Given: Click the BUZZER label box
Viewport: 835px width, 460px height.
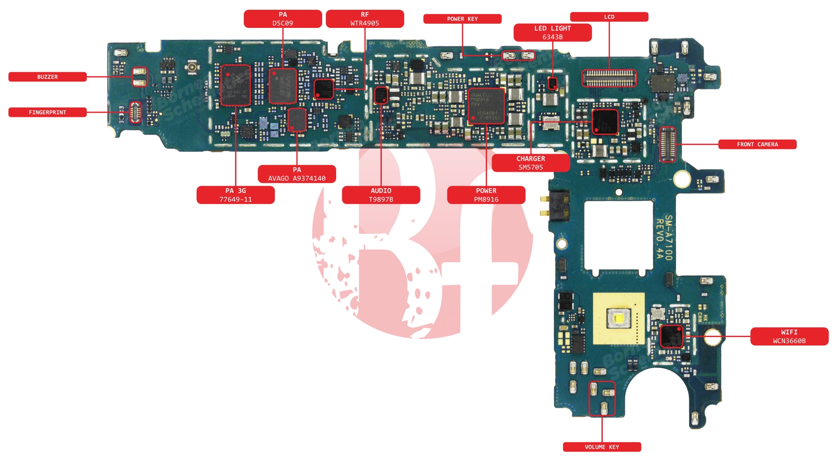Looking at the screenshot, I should (x=48, y=77).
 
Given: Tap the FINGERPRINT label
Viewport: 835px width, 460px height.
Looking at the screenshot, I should (x=48, y=112).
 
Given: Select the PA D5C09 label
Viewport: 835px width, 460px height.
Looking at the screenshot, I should (x=283, y=19).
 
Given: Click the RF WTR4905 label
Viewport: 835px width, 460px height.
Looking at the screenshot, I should (x=365, y=19).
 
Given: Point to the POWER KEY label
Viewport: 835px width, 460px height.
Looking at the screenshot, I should (x=462, y=19).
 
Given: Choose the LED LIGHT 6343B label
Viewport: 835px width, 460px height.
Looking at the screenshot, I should (x=552, y=33).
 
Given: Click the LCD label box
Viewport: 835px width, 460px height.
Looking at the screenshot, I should (x=609, y=17).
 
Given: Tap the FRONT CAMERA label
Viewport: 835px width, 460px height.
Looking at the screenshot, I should (x=757, y=144).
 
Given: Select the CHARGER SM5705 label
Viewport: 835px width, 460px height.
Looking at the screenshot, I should (x=531, y=163).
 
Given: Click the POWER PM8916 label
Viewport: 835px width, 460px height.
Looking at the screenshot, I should (x=486, y=195).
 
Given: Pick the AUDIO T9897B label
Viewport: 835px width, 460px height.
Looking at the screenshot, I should (x=381, y=195).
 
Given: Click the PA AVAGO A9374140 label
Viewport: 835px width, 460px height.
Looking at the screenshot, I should (x=297, y=174).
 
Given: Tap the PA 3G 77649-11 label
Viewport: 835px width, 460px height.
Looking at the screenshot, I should (x=235, y=195).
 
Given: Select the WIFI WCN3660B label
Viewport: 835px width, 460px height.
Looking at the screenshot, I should (x=789, y=337).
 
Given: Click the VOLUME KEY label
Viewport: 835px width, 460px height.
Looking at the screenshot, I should (x=601, y=447).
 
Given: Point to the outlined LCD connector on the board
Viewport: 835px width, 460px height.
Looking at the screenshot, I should (x=608, y=78).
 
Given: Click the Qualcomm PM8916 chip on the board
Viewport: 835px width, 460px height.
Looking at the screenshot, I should (x=486, y=106).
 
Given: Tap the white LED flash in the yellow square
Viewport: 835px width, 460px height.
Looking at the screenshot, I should (x=618, y=319).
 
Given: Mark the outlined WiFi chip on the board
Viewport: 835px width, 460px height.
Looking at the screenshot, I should (x=671, y=337).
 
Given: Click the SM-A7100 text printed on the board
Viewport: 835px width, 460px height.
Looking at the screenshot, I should (x=669, y=237).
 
